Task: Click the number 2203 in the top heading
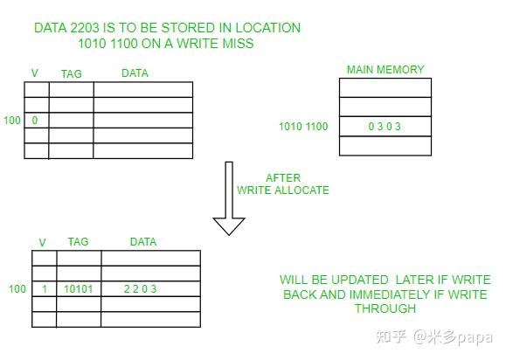click(85, 28)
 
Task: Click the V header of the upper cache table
click(35, 73)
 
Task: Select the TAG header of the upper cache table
click(72, 74)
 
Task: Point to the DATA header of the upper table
click(135, 73)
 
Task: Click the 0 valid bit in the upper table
click(35, 121)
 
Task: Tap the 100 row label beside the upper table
click(12, 121)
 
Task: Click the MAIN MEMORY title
click(385, 69)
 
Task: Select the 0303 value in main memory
click(385, 126)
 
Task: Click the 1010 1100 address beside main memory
click(303, 126)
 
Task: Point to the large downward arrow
click(229, 198)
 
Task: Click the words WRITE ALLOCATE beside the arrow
click(283, 190)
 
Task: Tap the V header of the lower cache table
click(42, 242)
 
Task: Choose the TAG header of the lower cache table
click(78, 242)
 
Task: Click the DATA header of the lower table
click(143, 242)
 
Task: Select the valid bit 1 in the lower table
click(45, 288)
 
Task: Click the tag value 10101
click(79, 288)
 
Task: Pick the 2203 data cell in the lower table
click(141, 288)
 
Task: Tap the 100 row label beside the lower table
click(17, 288)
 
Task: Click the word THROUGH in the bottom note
click(385, 308)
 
